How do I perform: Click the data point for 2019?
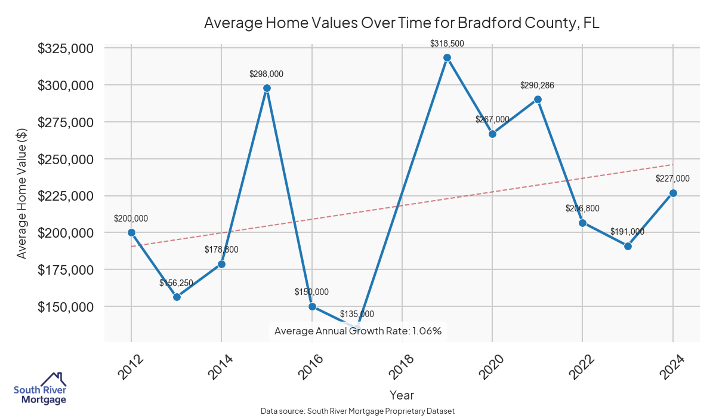[447, 57]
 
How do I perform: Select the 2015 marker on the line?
[267, 88]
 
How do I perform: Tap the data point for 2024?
[673, 193]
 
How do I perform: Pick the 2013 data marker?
[177, 297]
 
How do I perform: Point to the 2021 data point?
[538, 99]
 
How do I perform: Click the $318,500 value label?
[447, 44]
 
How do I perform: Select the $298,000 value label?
[266, 74]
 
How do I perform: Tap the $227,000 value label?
[672, 179]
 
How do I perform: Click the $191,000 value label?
[627, 232]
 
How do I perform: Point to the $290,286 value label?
[537, 85]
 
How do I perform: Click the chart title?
[402, 23]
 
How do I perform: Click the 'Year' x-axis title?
[402, 395]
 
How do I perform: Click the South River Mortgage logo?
[40, 388]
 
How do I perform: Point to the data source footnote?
[358, 411]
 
